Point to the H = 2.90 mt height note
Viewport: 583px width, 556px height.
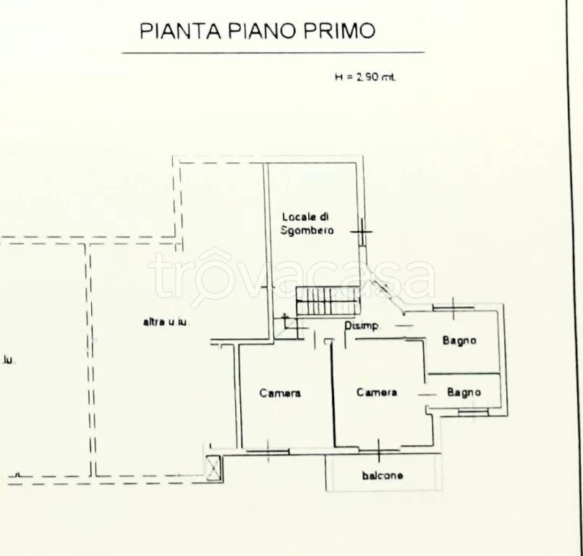pos(365,77)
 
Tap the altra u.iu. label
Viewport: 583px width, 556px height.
pos(166,322)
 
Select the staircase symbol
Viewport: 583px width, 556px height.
pos(328,300)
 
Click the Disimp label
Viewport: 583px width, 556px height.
pos(362,327)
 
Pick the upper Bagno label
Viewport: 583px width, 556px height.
pos(461,340)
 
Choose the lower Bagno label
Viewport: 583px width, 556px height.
pos(464,392)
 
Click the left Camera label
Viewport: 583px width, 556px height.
pos(280,393)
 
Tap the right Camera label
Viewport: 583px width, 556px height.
pos(376,392)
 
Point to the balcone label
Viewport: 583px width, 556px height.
pos(383,476)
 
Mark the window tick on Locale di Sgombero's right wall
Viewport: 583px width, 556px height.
pos(361,232)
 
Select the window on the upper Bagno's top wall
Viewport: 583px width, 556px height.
pos(453,308)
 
